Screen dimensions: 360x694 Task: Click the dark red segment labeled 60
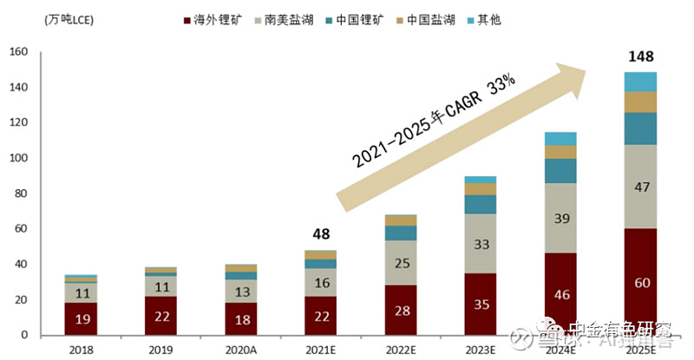(x=640, y=282)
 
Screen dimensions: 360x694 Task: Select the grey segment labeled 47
(x=640, y=187)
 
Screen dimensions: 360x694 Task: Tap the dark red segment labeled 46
(x=560, y=294)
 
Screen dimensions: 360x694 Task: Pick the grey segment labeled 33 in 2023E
(x=481, y=244)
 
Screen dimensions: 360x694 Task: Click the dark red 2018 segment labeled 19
(x=81, y=318)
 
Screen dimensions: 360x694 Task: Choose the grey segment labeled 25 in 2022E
(x=401, y=263)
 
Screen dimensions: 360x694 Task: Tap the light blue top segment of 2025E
(x=640, y=82)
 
